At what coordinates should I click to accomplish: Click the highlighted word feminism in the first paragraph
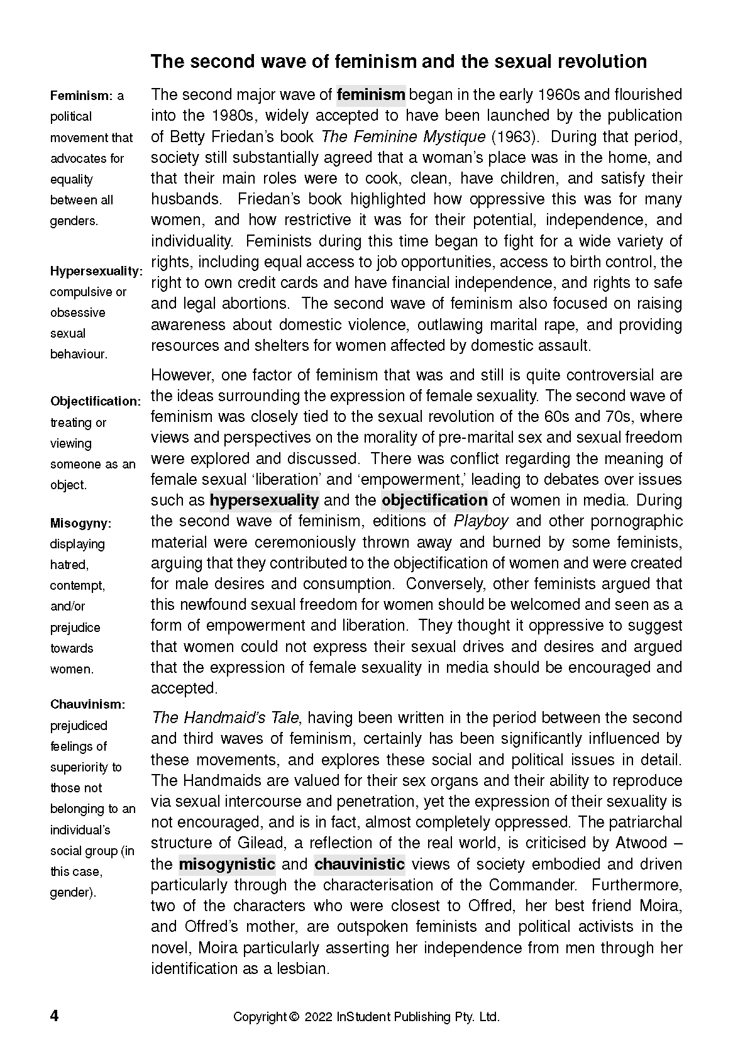371,95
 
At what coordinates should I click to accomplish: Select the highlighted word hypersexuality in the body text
264,501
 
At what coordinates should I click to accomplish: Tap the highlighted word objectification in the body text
434,501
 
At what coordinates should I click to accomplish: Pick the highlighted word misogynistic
227,864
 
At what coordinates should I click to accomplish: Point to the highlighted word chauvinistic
360,864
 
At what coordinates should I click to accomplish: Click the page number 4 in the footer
55,1016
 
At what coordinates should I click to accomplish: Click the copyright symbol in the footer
294,1017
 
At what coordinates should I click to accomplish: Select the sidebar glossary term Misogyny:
80,523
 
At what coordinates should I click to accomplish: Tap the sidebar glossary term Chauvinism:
87,705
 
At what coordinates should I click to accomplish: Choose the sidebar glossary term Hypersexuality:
96,271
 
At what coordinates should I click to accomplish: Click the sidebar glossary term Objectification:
96,401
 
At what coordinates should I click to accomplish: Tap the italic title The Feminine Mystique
403,136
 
